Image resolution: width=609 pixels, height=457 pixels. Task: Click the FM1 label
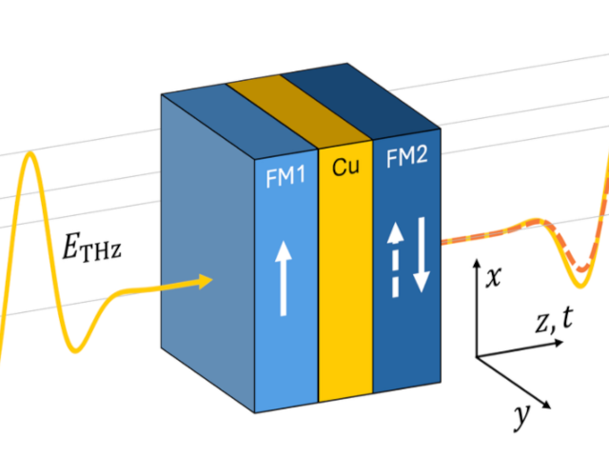coord(285,176)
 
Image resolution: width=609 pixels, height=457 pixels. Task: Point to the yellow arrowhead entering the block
coord(204,280)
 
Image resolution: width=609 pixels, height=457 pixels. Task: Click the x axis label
coord(493,277)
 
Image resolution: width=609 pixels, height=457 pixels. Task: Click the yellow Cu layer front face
coord(344,286)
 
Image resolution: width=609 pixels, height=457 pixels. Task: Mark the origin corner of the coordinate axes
coord(477,358)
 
